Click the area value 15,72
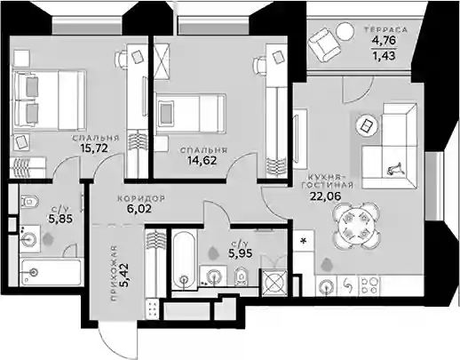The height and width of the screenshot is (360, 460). [94, 148]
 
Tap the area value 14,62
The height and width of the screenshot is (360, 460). [202, 160]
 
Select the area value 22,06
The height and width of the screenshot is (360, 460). [325, 196]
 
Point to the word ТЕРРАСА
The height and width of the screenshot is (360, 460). [386, 29]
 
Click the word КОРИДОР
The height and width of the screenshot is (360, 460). [141, 199]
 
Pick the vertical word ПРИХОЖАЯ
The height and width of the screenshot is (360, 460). [115, 274]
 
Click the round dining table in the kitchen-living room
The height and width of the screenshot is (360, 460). [356, 225]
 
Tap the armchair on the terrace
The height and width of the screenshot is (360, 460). [324, 44]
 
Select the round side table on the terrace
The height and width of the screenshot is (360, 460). [345, 31]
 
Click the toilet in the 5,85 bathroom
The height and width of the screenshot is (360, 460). [29, 202]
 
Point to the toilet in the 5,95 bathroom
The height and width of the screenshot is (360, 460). [242, 277]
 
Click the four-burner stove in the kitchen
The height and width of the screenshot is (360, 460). [369, 286]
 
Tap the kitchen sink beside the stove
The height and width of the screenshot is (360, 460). [327, 287]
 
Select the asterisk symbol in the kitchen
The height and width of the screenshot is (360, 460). [304, 241]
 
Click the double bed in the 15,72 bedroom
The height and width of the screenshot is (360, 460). [50, 100]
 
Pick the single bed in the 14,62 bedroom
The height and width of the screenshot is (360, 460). [191, 114]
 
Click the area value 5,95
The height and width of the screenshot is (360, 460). [240, 253]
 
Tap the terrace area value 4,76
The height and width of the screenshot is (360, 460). [384, 40]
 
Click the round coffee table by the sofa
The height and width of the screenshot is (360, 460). [367, 125]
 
